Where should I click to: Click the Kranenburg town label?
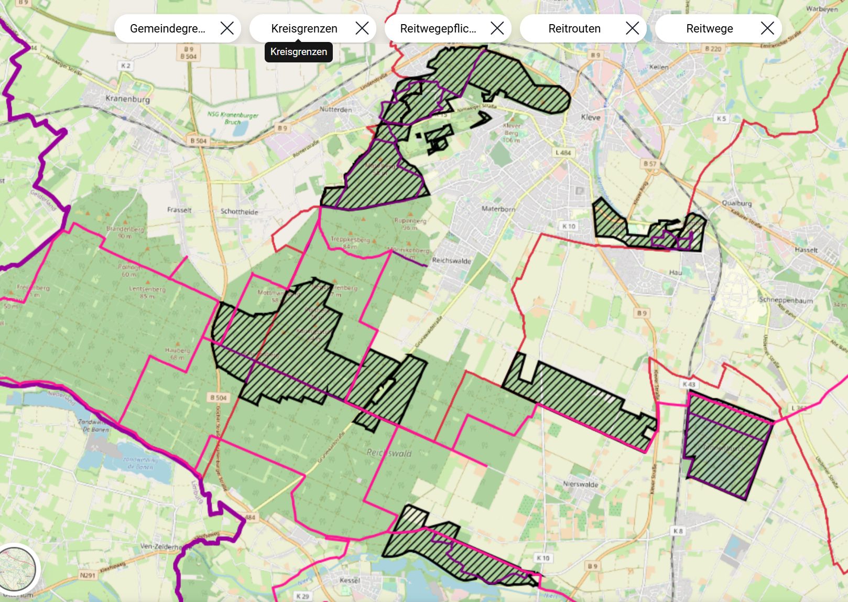coord(127,99)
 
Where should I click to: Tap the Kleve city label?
coord(591,117)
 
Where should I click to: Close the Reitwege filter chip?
coord(767,28)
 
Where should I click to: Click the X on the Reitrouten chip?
coord(632,28)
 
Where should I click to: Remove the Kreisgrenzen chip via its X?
coord(362,28)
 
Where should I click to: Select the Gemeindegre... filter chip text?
coord(167,28)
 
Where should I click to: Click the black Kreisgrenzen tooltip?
coord(298,52)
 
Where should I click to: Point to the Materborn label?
coord(498,209)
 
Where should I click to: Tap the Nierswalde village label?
coord(580,484)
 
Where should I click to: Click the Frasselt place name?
coord(179,210)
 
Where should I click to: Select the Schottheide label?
coord(239,212)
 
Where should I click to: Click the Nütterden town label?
coord(335,110)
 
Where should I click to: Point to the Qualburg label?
coord(736,203)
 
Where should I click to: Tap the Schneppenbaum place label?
coord(786,300)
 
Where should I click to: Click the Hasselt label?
coord(806,250)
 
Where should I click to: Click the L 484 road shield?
coord(563,153)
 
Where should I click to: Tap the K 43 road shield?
coord(689,384)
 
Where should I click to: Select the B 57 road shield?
coord(649,164)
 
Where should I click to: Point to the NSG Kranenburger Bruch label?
coord(233,117)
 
